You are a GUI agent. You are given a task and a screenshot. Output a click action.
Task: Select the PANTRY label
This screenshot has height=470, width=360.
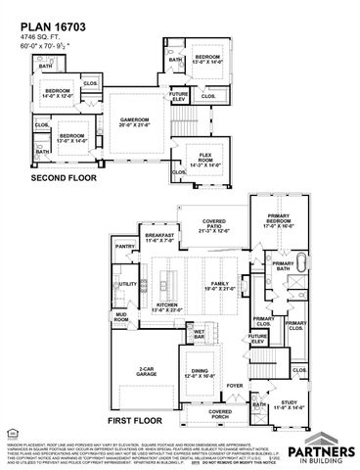[x=124, y=248]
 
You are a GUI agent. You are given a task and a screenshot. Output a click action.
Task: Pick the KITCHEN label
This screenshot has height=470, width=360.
[x=165, y=307]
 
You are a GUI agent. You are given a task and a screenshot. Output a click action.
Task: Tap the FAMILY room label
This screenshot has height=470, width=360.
[x=216, y=286]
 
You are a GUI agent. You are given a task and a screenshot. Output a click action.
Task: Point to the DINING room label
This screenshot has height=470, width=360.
[x=196, y=373]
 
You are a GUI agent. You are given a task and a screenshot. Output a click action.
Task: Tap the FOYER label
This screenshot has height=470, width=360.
[x=235, y=386]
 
